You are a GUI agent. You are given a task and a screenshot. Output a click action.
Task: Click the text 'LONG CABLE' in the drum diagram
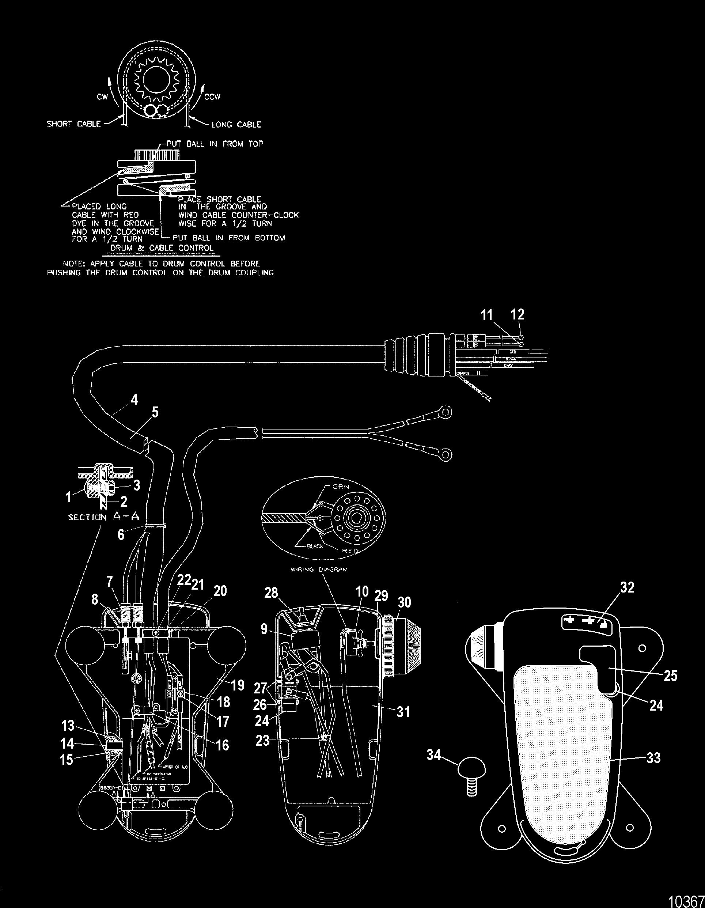(236, 124)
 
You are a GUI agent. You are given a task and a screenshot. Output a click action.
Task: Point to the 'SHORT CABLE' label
(73, 124)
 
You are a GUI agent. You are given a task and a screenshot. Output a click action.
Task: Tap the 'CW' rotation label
(103, 97)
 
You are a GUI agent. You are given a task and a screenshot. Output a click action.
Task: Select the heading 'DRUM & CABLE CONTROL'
(162, 248)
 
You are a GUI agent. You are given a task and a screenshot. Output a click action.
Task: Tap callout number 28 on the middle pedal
(272, 593)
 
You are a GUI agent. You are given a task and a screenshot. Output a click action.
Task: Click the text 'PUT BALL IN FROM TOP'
(215, 144)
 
